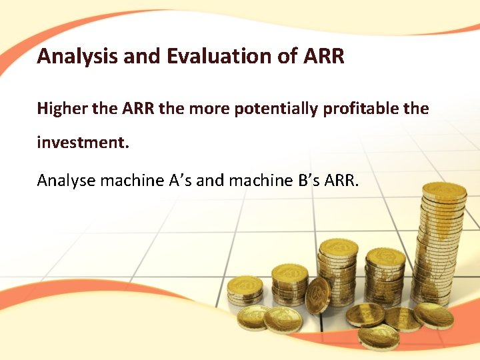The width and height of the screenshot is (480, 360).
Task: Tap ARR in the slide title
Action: (323, 56)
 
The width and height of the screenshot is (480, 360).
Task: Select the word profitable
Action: (363, 108)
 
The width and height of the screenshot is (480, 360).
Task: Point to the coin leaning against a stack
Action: (317, 295)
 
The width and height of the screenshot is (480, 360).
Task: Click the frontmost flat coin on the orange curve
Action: (379, 336)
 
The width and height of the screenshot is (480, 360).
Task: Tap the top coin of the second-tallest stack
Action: (338, 247)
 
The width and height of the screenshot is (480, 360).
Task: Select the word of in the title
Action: (287, 56)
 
